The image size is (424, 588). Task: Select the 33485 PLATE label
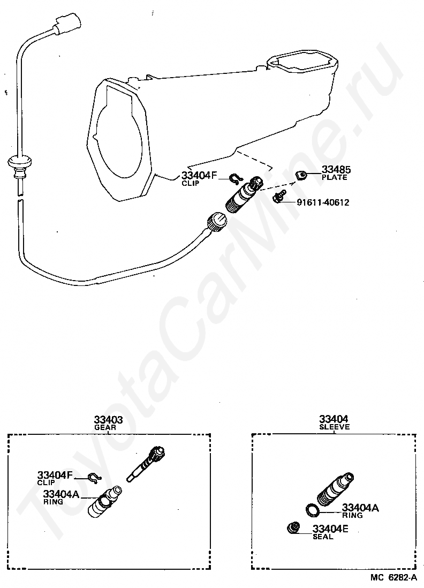335,174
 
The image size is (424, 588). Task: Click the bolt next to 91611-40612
278,198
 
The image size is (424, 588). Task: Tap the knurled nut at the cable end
216,221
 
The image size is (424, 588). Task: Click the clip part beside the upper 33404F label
236,179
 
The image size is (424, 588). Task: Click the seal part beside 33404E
293,528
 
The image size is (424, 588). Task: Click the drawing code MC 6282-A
393,578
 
